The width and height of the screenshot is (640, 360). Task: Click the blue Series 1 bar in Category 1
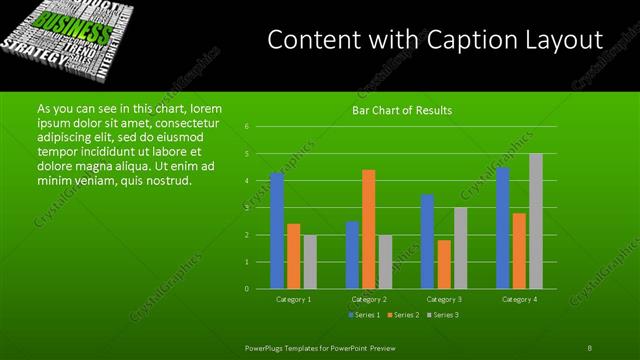tap(277, 230)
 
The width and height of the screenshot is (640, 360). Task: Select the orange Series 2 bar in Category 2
tap(368, 229)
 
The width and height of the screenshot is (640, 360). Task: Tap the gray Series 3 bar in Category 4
tap(536, 221)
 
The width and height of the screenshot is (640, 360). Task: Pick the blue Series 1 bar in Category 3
tap(427, 241)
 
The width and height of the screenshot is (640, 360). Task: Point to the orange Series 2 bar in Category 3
tap(444, 264)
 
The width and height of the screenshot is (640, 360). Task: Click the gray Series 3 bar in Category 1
tap(310, 261)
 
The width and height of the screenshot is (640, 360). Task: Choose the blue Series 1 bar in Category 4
tap(502, 227)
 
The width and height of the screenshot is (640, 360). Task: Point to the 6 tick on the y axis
tap(246, 127)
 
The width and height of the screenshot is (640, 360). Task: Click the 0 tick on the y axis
tap(246, 289)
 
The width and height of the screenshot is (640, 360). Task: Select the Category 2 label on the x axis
tap(368, 299)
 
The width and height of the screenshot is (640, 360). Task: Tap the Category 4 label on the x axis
tap(519, 299)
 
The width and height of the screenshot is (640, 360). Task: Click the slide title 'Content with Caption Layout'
tap(435, 41)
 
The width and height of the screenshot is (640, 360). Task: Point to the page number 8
tap(590, 347)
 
